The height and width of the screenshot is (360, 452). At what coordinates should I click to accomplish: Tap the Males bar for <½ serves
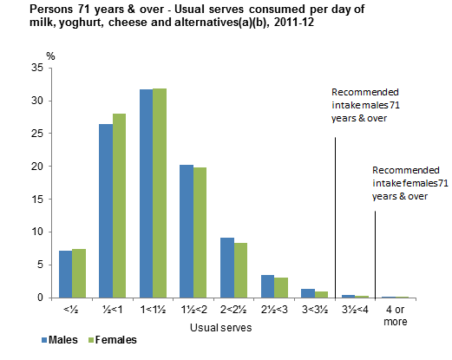pyautogui.click(x=65, y=274)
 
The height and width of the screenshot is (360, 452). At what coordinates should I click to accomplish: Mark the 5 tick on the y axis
pyautogui.click(x=43, y=265)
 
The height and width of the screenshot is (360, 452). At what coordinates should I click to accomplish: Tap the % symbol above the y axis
pyautogui.click(x=50, y=56)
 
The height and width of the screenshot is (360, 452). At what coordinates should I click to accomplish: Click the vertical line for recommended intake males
pyautogui.click(x=335, y=217)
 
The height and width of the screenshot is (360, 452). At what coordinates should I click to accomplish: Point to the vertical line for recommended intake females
pyautogui.click(x=375, y=252)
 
